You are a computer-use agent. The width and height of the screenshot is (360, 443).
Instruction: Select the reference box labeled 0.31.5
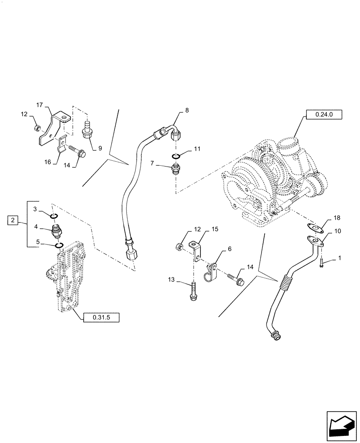click(x=101, y=317)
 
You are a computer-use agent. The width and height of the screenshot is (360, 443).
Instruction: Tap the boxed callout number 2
click(x=13, y=220)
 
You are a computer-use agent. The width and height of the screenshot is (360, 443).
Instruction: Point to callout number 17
click(x=39, y=105)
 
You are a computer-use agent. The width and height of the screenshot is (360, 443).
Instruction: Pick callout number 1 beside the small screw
click(x=340, y=257)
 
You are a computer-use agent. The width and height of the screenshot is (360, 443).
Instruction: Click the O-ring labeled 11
click(x=176, y=156)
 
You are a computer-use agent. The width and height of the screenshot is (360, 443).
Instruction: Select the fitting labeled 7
click(x=176, y=169)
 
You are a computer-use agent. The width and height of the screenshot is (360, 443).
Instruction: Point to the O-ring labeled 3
click(x=54, y=216)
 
